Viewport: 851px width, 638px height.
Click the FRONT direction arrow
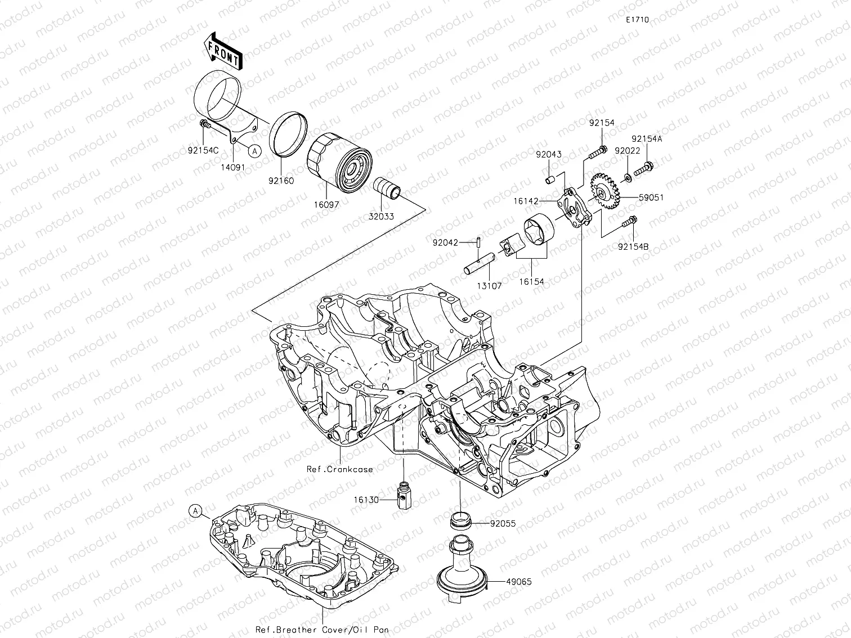(x=224, y=51)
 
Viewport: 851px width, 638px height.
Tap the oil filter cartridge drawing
(x=338, y=159)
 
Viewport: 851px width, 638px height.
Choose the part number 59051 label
(x=651, y=197)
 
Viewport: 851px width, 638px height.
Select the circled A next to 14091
(x=254, y=150)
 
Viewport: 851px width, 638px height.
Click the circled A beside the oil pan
(x=195, y=510)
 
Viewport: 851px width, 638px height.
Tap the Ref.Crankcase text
(x=339, y=469)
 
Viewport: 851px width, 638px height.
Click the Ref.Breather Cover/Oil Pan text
(x=321, y=630)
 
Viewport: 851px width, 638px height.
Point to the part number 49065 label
(x=518, y=582)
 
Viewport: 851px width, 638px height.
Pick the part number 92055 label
(x=503, y=523)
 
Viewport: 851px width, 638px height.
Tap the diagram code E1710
(x=637, y=20)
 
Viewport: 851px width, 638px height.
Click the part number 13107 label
(x=490, y=286)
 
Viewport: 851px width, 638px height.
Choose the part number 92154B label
(x=633, y=246)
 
